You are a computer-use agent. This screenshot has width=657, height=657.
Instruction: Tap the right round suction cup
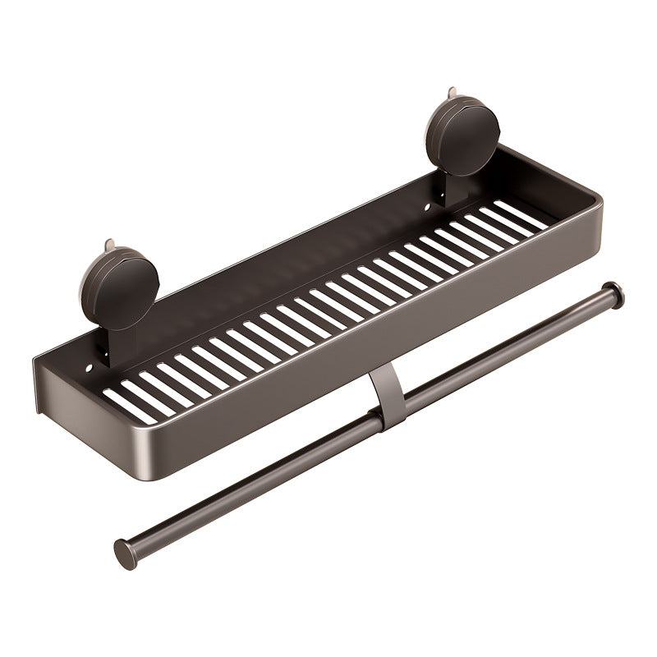[462, 131]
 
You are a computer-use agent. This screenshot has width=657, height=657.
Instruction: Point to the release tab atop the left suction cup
[108, 245]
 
